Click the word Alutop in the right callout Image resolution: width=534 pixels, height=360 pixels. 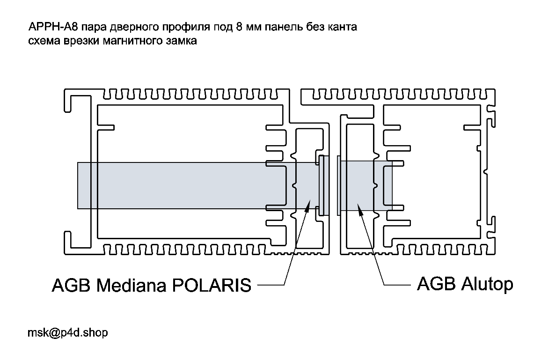pyautogui.click(x=484, y=284)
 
